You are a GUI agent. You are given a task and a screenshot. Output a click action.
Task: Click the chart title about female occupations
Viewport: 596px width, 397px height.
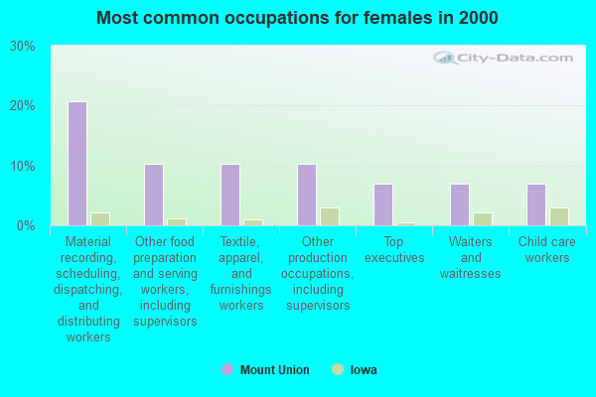[x=298, y=18]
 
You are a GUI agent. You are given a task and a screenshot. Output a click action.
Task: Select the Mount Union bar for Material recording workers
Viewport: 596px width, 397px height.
[x=76, y=164]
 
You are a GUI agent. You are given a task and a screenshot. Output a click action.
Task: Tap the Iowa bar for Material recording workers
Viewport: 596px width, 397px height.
[x=99, y=218]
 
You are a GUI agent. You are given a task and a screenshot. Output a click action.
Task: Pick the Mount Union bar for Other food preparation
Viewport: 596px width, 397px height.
[x=153, y=195]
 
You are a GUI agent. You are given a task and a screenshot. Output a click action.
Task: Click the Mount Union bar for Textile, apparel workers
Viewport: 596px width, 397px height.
[x=229, y=195]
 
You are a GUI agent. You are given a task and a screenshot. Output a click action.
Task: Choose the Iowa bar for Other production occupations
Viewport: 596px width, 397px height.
[x=329, y=216]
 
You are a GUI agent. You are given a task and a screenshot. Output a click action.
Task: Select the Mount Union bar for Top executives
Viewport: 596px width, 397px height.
[x=382, y=204]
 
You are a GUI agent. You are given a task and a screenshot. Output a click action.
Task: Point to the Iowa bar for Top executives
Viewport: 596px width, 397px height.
[x=405, y=223]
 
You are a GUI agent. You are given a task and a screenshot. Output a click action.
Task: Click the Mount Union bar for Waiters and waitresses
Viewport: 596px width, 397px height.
[x=459, y=204]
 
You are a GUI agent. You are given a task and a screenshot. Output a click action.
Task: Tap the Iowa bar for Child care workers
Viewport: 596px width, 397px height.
[x=558, y=216]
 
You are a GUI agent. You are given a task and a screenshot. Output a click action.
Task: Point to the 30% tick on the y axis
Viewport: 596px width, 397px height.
[x=23, y=47]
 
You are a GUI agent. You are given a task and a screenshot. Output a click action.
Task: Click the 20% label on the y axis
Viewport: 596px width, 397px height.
[x=23, y=106]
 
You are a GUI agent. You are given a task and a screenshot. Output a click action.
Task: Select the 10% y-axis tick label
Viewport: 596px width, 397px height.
[x=23, y=166]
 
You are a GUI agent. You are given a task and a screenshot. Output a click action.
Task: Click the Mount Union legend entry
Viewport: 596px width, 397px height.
[x=265, y=370]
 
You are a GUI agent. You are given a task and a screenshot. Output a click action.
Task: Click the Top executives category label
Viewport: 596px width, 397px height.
[x=394, y=250]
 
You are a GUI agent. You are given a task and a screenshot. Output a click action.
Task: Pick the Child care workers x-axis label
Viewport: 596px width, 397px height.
[x=547, y=250]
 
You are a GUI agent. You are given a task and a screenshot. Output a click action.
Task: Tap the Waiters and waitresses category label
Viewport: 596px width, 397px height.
[x=471, y=258]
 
